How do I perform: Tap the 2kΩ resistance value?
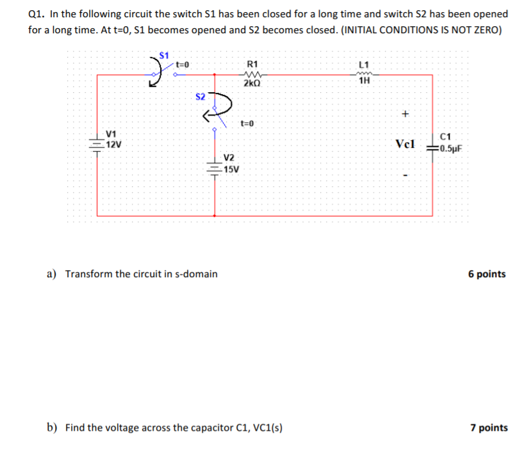(252, 83)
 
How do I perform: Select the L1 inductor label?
(364, 64)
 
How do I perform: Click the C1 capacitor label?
(446, 136)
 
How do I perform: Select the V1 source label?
(111, 134)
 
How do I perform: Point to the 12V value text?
(114, 145)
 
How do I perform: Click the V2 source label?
(229, 158)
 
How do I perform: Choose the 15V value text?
(231, 170)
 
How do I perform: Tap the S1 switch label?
(165, 53)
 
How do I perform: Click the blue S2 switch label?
(200, 97)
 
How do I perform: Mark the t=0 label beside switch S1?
(183, 64)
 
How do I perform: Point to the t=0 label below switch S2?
(247, 123)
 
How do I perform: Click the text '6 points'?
(487, 274)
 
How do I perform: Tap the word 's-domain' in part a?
(194, 274)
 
